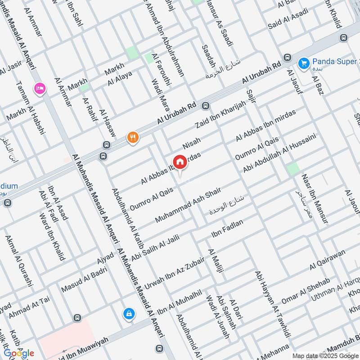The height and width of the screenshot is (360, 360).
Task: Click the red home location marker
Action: tap(180, 162)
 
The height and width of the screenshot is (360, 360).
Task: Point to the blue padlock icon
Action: tap(129, 314)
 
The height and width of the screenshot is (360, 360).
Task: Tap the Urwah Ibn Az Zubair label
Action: tap(174, 273)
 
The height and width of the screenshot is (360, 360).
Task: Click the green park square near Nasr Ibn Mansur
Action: tap(293, 169)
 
